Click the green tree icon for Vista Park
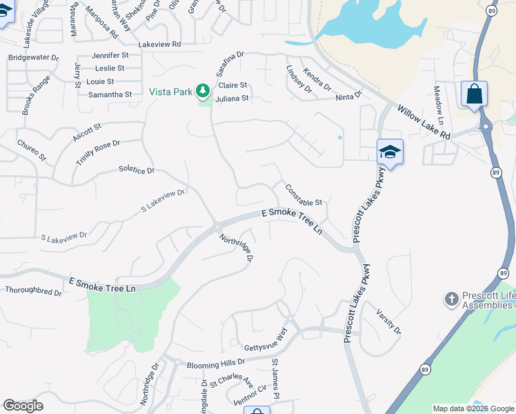pos(202,90)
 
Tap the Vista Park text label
pos(171,91)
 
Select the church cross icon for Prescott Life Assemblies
pos(451,299)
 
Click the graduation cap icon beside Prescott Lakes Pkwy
pos(390,152)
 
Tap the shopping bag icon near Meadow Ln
pos(474,94)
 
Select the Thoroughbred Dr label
pos(33,292)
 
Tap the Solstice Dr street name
pos(137,169)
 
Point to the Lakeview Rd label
pos(159,43)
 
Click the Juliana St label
pos(232,99)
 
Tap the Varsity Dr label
pos(389,321)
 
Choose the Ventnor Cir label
pos(250,395)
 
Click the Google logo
pos(23,406)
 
